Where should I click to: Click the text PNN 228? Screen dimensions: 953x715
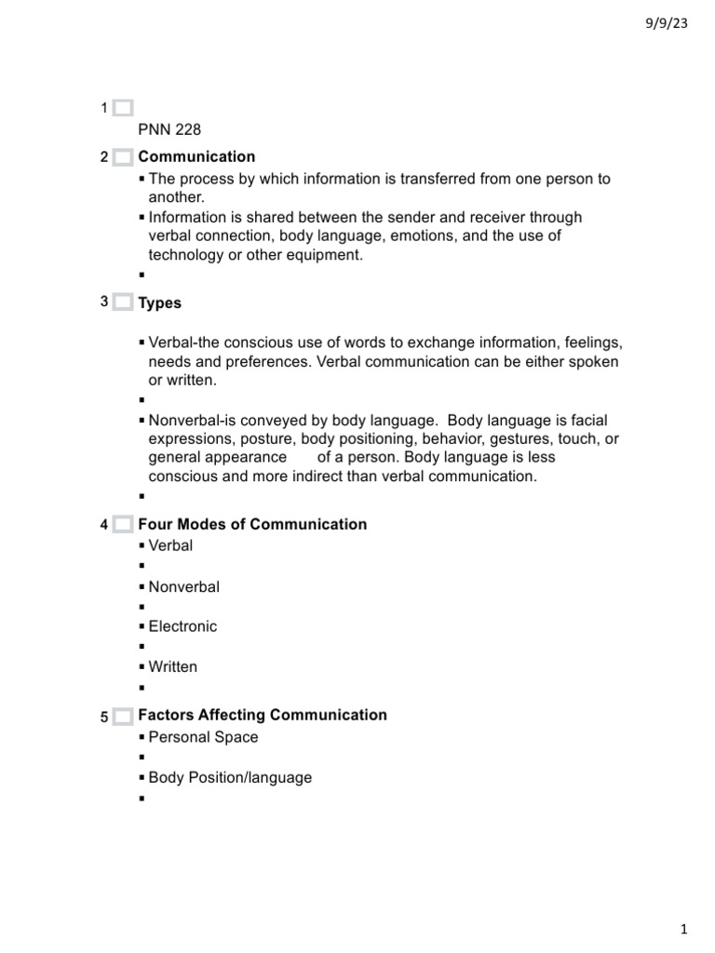pos(169,129)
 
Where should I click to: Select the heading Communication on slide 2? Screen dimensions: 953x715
pos(196,156)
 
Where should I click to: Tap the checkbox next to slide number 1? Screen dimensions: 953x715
pos(123,109)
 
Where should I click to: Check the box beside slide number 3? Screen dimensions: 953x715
pos(123,302)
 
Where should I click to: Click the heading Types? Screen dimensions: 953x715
pos(160,302)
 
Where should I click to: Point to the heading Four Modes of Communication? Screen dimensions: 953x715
pos(252,524)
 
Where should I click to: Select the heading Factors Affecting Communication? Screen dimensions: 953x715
pos(263,715)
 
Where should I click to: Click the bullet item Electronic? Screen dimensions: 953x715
pos(182,626)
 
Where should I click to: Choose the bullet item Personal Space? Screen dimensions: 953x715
pos(203,737)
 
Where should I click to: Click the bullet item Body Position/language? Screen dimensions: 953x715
pos(230,777)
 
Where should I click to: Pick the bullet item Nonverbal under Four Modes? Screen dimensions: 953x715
pos(184,586)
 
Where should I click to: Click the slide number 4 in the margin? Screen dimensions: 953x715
pos(104,525)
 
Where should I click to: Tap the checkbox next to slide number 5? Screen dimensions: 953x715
pos(123,716)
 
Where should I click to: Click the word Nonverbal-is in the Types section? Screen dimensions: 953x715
pos(194,421)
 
